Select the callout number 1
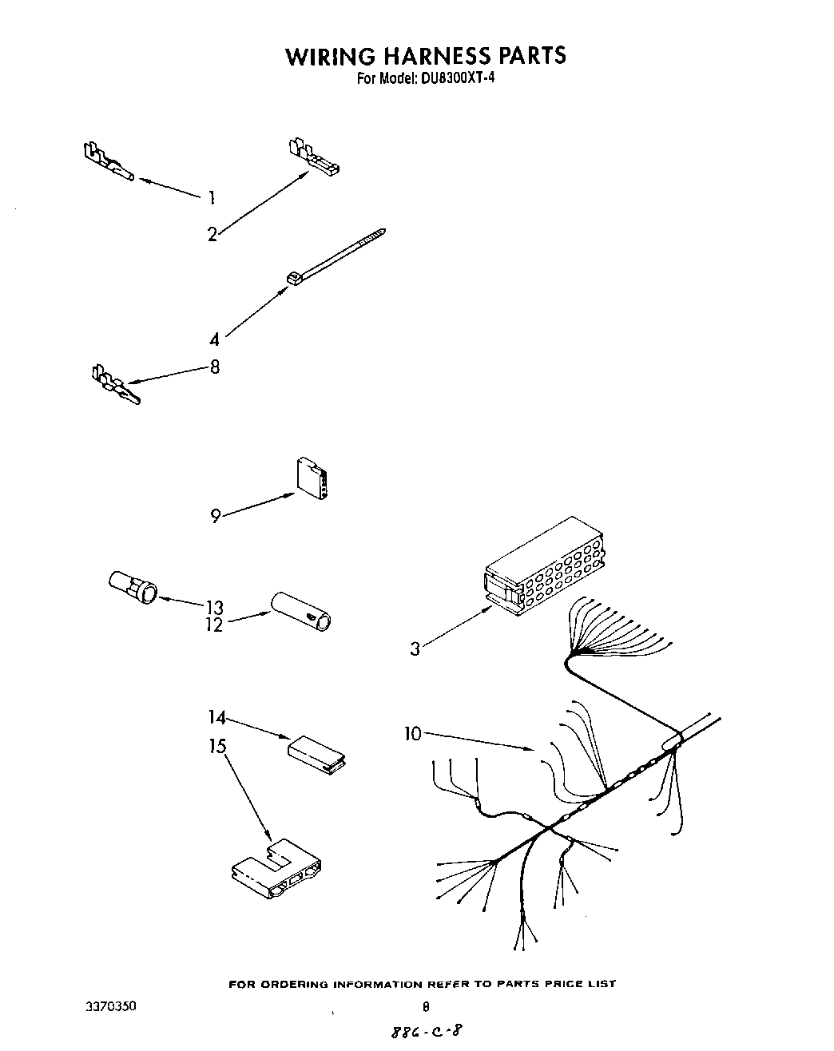211,197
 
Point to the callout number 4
214,340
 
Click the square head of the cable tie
293,277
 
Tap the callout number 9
215,516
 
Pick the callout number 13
213,607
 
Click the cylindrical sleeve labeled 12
303,610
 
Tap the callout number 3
415,649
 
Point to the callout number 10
412,733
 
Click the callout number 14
217,717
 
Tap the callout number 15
217,746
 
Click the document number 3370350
110,1007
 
